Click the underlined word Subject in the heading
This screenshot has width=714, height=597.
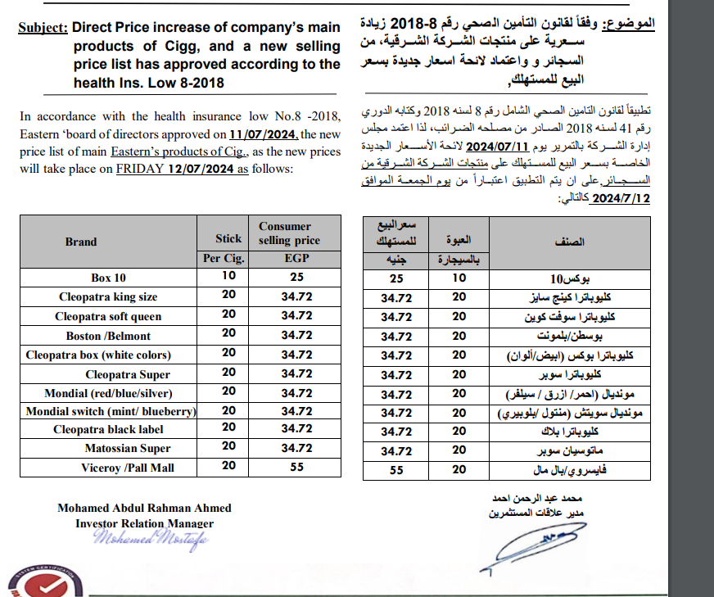[x=43, y=28]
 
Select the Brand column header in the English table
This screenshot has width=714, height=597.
[x=81, y=242]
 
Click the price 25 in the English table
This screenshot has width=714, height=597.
[x=296, y=278]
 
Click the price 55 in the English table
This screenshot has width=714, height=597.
[x=296, y=467]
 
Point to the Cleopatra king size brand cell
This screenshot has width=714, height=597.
[x=108, y=296]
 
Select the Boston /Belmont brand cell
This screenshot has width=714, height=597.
[x=108, y=336]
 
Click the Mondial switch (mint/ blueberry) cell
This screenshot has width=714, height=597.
[x=110, y=411]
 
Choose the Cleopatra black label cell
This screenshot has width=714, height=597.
[x=108, y=429]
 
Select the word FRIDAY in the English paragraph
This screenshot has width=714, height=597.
[x=142, y=169]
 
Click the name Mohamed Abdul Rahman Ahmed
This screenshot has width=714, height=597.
[x=144, y=508]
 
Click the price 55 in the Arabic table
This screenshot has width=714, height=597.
[x=396, y=469]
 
